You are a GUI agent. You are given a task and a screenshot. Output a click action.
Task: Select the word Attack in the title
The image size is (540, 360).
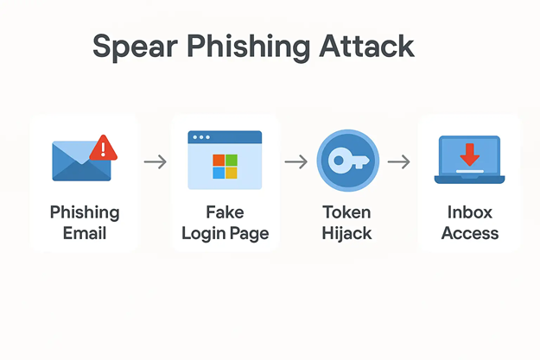[367, 47]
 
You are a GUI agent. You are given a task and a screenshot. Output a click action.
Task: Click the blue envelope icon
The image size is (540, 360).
[80, 161]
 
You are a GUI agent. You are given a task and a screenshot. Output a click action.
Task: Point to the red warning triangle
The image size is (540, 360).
[105, 148]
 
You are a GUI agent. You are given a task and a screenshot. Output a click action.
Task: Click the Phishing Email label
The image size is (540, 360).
[85, 222]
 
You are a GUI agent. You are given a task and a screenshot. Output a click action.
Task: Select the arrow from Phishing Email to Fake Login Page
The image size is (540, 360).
[155, 161]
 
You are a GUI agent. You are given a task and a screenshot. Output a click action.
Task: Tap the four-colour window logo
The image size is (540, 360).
[225, 166]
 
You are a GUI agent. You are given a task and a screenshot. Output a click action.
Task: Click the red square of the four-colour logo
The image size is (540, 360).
[219, 160]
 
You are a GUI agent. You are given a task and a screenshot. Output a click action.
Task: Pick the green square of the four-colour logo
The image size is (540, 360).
[231, 160]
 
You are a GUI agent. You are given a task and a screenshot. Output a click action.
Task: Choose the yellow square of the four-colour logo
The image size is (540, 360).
[231, 172]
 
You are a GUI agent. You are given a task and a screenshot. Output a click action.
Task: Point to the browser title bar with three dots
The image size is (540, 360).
[225, 137]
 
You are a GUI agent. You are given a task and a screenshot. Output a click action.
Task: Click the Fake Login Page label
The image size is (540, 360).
[225, 222]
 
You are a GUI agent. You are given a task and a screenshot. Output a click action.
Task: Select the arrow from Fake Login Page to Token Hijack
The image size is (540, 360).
[295, 161]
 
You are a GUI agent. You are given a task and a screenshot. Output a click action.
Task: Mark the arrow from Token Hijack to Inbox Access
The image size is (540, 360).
[398, 161]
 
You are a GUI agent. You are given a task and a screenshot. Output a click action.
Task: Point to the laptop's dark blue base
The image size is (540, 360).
[469, 179]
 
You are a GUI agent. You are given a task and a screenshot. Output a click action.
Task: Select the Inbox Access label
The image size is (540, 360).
[470, 222]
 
